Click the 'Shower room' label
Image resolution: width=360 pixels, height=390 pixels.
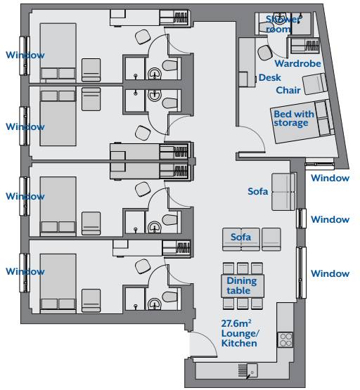[x=283, y=24]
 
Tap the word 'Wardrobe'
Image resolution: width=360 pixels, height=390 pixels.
[x=298, y=63]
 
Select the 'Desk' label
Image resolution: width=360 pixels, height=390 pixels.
[x=270, y=77]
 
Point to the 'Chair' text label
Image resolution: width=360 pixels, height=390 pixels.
[x=288, y=90]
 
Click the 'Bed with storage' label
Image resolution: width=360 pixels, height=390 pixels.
[x=294, y=118]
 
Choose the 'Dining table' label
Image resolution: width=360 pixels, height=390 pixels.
[x=242, y=285]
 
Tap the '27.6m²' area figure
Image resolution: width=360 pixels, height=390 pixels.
[x=236, y=323]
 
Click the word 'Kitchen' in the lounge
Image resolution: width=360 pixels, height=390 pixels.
[x=239, y=343]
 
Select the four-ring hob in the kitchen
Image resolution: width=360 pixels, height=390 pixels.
[x=285, y=340]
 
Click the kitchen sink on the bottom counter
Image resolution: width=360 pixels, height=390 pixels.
[x=252, y=370]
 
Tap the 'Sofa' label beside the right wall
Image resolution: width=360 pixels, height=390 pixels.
[x=258, y=191]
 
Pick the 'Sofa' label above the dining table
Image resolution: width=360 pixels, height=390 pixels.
[x=240, y=237]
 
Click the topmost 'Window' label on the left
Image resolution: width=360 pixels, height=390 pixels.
[x=25, y=55]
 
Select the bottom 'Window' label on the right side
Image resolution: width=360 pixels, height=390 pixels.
[x=330, y=273]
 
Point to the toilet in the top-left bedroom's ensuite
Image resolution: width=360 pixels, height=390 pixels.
[x=170, y=65]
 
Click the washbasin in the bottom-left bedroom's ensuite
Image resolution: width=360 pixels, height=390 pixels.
[x=154, y=304]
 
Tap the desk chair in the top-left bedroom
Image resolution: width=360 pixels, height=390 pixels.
[x=143, y=37]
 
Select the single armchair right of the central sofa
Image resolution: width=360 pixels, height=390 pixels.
[x=271, y=240]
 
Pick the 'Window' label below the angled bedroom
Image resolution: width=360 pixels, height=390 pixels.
[x=330, y=178]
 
